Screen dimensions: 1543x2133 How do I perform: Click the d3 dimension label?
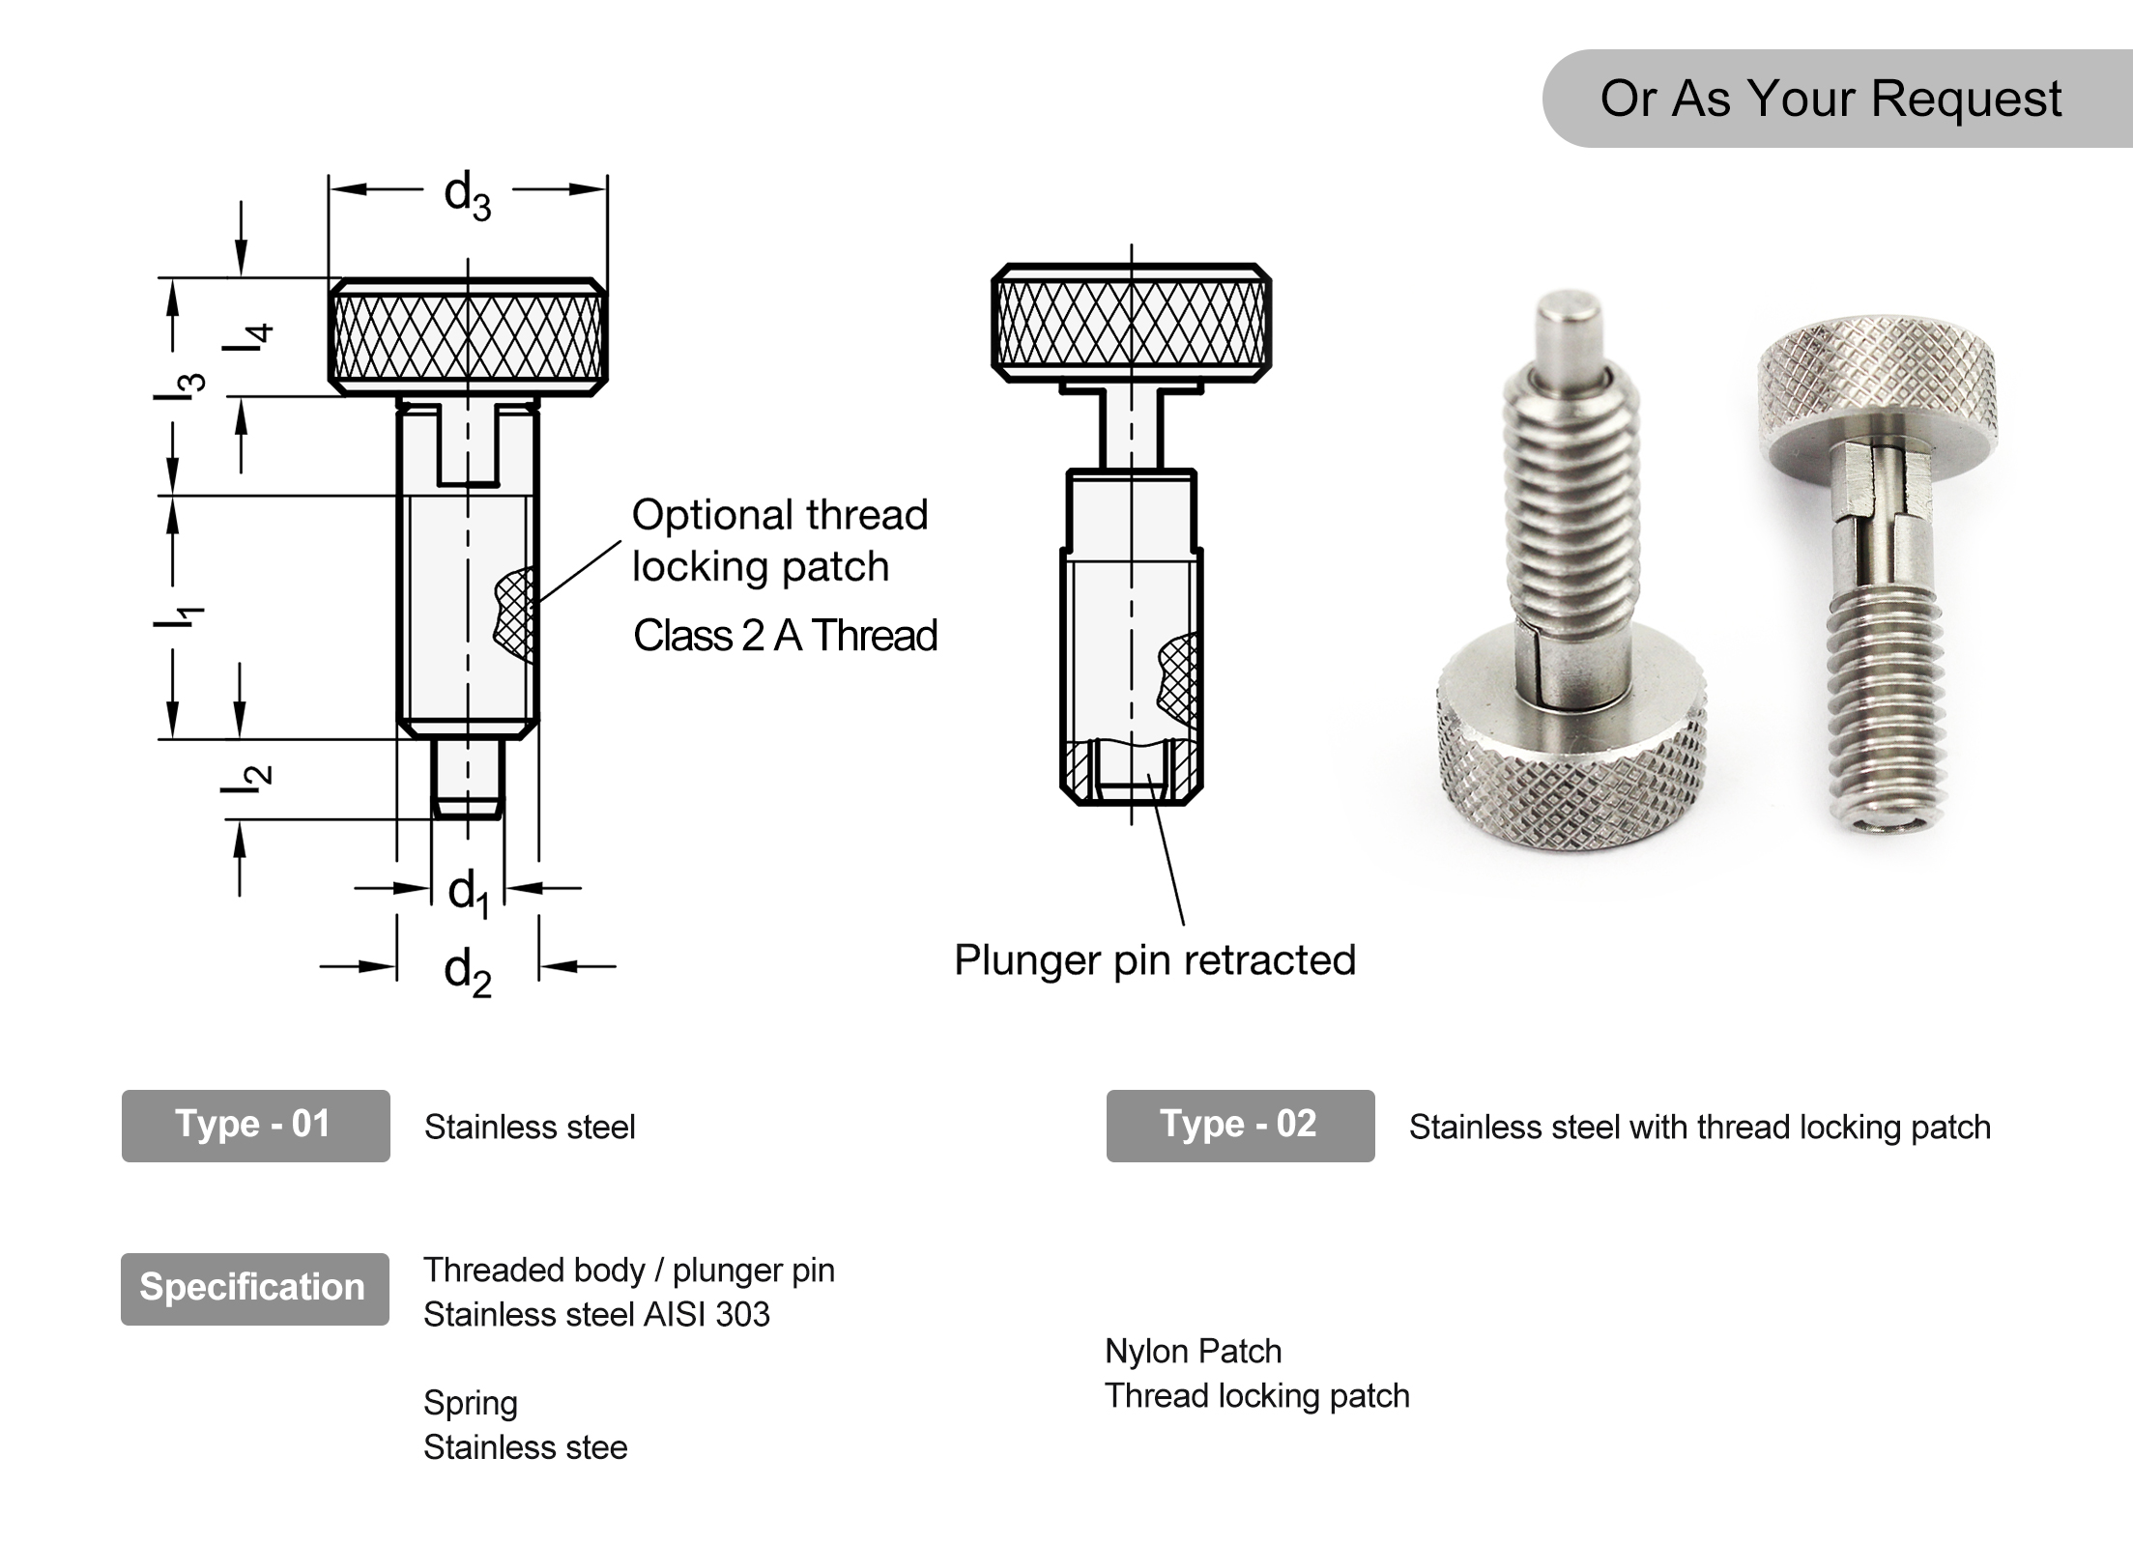(x=468, y=195)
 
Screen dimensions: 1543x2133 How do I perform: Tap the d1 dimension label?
(x=469, y=891)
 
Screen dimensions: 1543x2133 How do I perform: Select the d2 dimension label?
(x=468, y=971)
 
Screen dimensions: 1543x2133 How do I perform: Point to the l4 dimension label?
(x=247, y=337)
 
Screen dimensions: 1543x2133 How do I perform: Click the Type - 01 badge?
(x=255, y=1125)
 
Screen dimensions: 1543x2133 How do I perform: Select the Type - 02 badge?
(x=1240, y=1125)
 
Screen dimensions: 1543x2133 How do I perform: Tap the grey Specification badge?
(x=254, y=1288)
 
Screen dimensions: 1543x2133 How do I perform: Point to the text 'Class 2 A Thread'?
(x=785, y=636)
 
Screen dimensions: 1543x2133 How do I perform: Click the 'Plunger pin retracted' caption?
(x=1155, y=959)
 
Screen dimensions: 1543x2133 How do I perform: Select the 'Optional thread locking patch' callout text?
(x=779, y=540)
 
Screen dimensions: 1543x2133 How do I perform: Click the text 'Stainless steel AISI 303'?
(x=596, y=1314)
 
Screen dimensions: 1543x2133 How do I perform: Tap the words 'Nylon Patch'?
(x=1193, y=1351)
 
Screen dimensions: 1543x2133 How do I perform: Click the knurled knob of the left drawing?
(x=468, y=336)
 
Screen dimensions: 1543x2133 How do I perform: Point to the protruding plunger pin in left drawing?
(x=468, y=778)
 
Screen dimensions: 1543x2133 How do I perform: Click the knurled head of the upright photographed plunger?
(x=1875, y=382)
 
